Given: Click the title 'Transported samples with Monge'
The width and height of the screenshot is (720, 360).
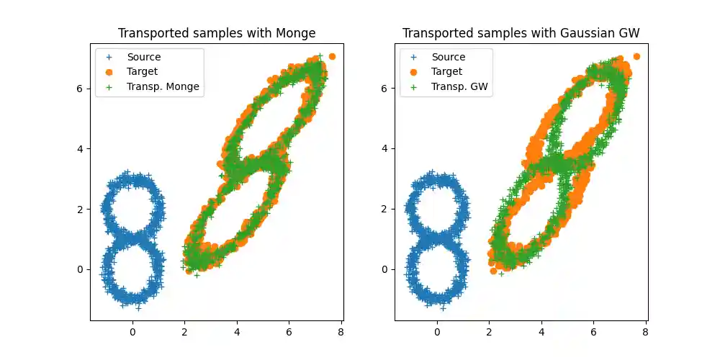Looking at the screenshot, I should tap(217, 33).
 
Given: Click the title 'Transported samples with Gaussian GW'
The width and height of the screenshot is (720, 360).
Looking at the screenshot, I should tap(521, 33).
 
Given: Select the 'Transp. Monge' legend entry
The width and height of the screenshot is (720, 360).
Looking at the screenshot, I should tap(163, 86).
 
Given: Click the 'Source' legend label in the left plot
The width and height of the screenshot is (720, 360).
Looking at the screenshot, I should tap(145, 57).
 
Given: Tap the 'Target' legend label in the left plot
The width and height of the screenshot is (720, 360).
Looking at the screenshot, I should tap(143, 71).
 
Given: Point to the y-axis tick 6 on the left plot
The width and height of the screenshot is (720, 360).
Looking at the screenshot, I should tap(81, 88).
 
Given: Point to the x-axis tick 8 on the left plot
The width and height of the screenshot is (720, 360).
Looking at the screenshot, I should tap(341, 333).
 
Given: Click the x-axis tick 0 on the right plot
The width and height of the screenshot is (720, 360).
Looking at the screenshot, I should tap(437, 333).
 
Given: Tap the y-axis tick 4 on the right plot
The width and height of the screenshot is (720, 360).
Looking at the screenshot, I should tap(386, 148).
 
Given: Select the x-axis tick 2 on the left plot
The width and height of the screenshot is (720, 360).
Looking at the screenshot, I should tap(184, 333).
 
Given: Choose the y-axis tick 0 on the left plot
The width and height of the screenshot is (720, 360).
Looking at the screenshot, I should tap(81, 269).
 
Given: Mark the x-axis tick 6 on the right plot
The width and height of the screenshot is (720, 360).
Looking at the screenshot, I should tap(593, 333).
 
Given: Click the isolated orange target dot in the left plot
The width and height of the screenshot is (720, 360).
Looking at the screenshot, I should tap(332, 56).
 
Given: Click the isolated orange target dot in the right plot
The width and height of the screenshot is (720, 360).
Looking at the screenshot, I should tap(636, 56).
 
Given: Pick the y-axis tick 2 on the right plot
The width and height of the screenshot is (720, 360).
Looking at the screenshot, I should tap(386, 209).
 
